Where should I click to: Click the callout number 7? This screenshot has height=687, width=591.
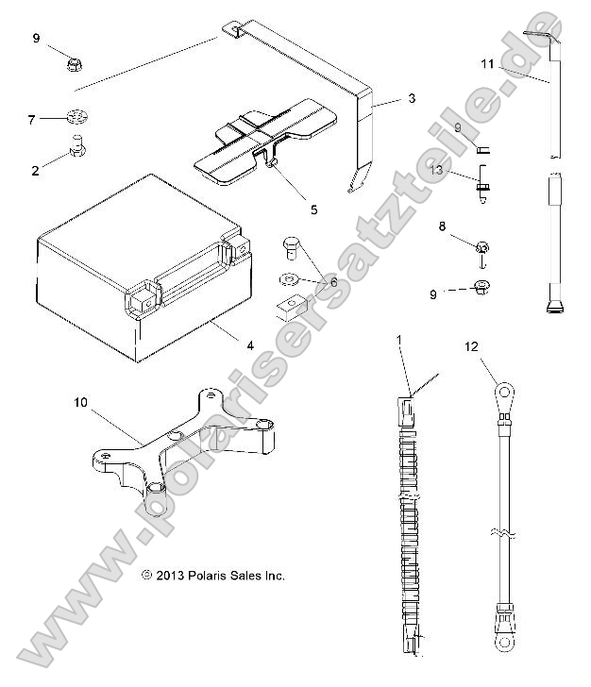[31, 120]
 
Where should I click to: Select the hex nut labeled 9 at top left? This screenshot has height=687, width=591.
[74, 64]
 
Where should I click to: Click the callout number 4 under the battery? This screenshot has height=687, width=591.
[250, 345]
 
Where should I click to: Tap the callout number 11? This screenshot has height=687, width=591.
[486, 64]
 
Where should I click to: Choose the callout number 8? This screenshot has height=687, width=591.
[442, 226]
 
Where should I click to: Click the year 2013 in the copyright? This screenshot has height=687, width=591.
[170, 575]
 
